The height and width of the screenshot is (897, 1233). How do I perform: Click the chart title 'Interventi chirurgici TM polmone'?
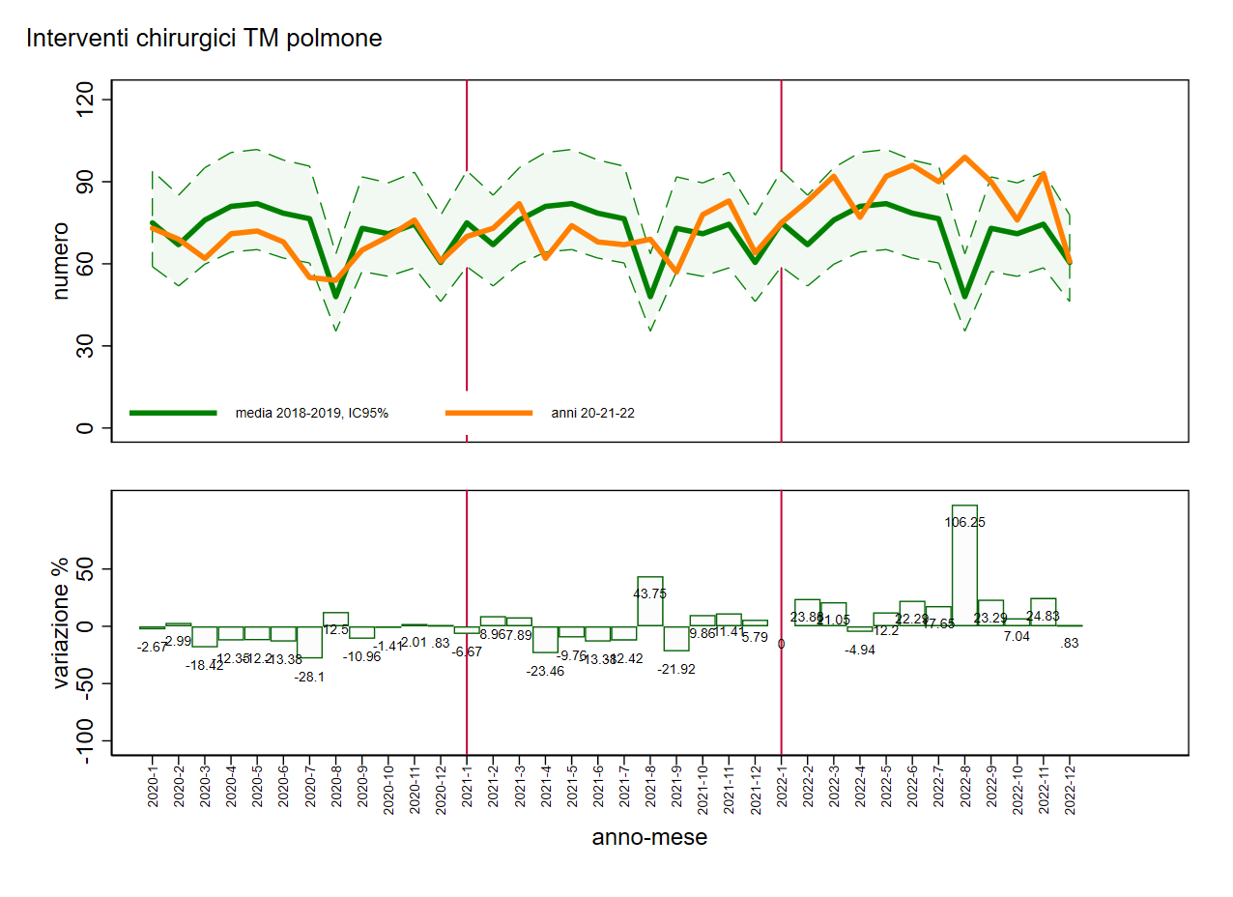pos(204,39)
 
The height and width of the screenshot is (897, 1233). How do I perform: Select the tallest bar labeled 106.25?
pos(964,564)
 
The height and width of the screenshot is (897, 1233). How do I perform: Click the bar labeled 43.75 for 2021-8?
pos(650,601)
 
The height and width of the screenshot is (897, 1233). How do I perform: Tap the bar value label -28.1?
pos(309,677)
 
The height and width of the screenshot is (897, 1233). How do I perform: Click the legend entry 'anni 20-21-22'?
pos(592,413)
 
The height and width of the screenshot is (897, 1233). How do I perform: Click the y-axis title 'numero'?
pos(61,261)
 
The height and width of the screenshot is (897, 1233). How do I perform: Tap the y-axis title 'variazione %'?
pos(61,626)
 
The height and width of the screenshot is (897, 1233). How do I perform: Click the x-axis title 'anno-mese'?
pos(649,837)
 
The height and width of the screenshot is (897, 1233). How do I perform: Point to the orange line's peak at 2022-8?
pos(964,157)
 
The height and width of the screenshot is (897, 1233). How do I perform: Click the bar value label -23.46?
pos(545,671)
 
